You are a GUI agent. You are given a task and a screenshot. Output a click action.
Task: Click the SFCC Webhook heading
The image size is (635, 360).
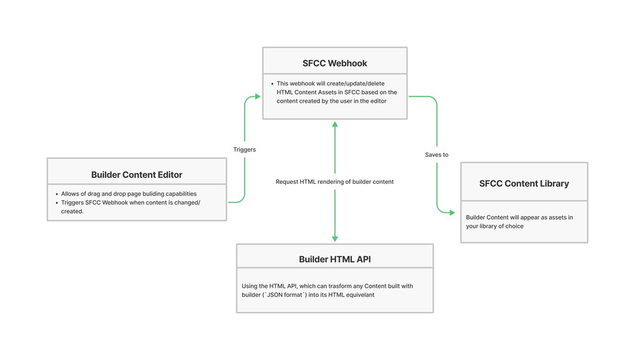[334, 63]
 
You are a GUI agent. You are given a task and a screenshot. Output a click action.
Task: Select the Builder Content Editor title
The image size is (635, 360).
[136, 174]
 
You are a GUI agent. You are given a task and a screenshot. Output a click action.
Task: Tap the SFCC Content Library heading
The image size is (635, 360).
[524, 184]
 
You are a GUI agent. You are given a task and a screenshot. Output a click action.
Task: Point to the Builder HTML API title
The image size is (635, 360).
[334, 259]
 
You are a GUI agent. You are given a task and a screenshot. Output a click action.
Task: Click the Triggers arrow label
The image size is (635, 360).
[244, 149]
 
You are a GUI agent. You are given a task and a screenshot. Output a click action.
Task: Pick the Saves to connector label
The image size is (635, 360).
[436, 154]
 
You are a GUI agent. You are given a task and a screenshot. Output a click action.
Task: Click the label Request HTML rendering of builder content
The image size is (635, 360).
[334, 182]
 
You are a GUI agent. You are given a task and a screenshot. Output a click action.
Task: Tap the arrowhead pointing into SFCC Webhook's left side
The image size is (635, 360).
[258, 97]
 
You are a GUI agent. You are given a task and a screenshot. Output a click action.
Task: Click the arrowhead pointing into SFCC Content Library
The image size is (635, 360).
[453, 212]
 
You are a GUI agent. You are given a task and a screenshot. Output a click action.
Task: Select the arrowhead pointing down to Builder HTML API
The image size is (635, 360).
[335, 239]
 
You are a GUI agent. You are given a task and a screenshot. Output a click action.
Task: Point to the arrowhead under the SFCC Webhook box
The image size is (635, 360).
[335, 125]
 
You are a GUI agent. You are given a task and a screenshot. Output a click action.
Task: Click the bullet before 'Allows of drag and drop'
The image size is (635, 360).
[57, 194]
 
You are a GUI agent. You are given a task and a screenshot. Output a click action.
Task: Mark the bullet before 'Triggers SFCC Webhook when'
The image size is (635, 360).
[57, 203]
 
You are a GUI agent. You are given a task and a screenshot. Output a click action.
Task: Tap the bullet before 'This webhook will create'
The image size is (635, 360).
[272, 84]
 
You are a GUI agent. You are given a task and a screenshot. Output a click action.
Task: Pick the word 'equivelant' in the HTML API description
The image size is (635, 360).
[360, 295]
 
